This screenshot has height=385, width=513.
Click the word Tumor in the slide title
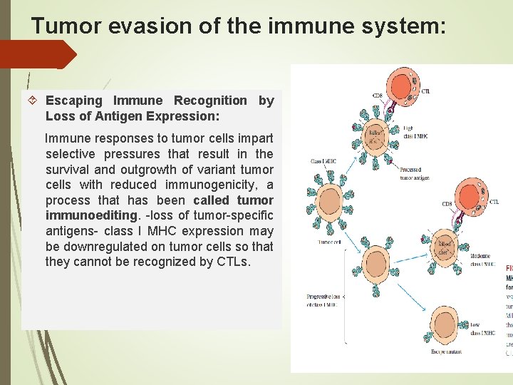[x=60, y=26]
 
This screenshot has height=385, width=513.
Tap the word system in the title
[x=401, y=26]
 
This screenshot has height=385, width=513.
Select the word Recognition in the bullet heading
[x=210, y=101]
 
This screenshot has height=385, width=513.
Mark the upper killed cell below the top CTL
[x=375, y=136]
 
